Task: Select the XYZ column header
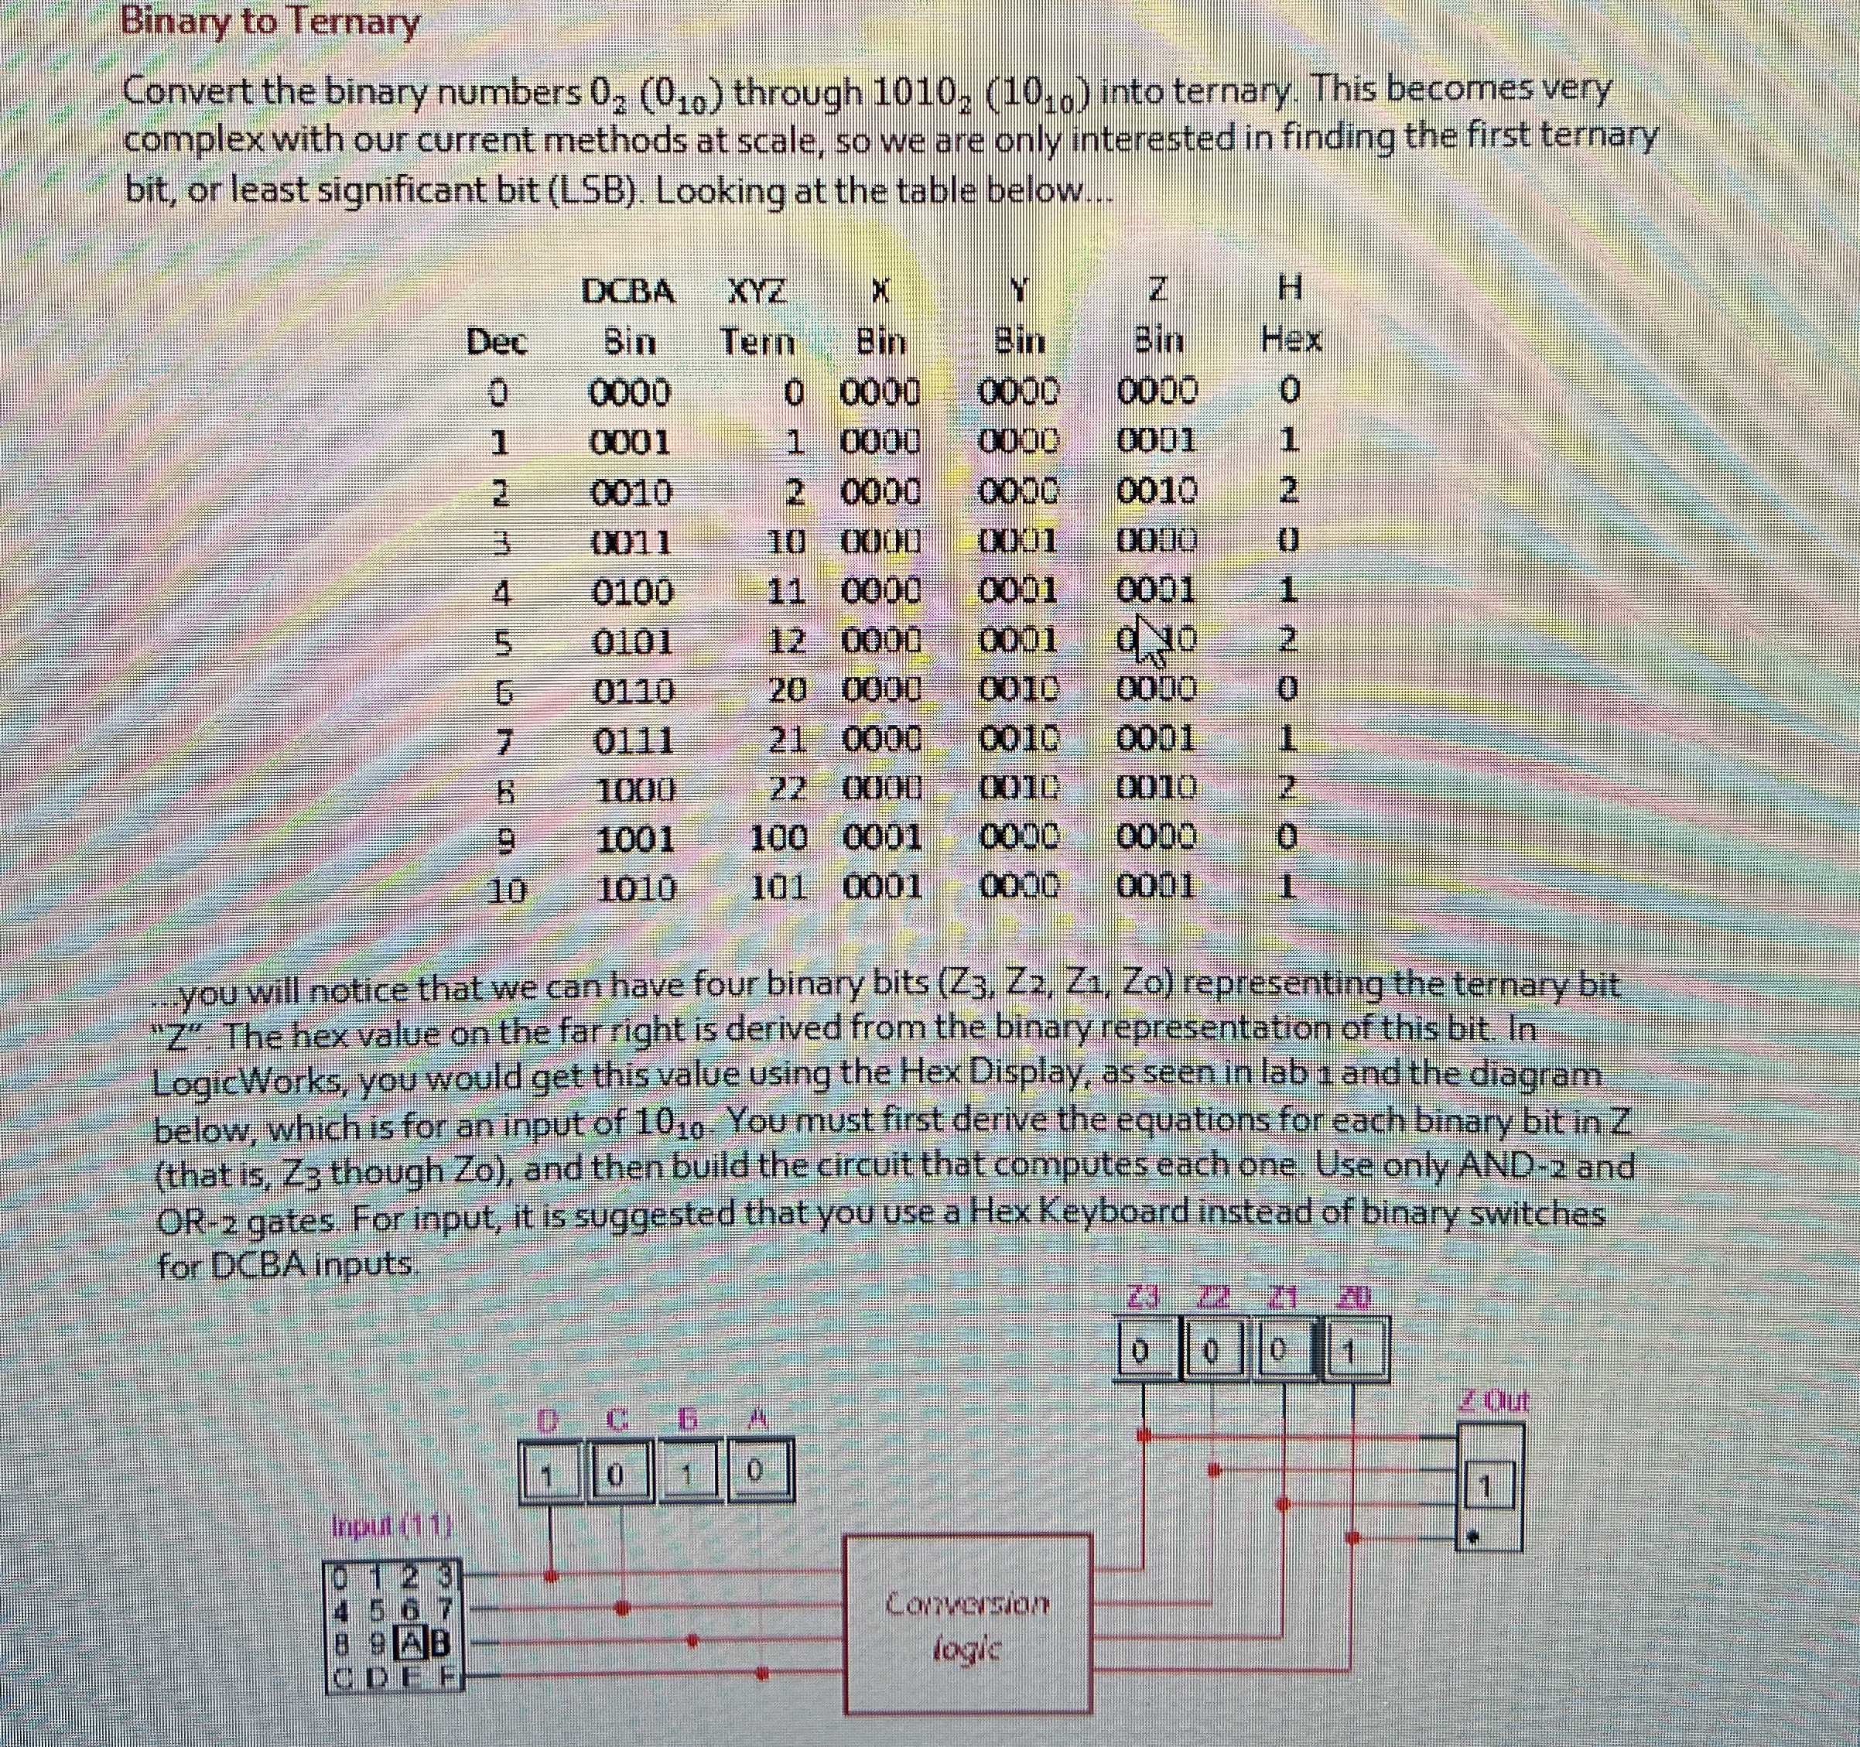click(x=756, y=293)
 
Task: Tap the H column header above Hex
click(x=1291, y=291)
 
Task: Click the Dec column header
click(x=497, y=343)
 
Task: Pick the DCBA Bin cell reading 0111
click(x=634, y=743)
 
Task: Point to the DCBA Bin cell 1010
click(x=636, y=888)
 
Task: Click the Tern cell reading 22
click(x=788, y=789)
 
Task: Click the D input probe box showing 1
click(x=550, y=1475)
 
